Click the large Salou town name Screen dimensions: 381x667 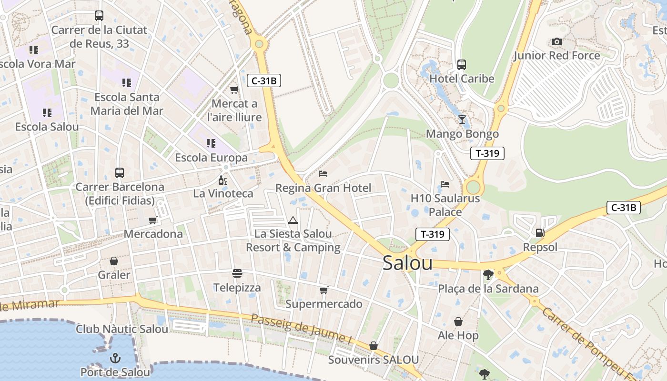[407, 263]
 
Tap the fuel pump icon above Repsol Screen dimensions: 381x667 [540, 233]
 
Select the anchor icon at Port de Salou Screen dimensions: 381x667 [115, 358]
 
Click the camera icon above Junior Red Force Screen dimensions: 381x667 [556, 42]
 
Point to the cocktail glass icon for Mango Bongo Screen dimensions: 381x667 [462, 119]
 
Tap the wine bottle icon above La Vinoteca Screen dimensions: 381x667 [222, 180]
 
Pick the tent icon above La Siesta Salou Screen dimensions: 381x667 [293, 220]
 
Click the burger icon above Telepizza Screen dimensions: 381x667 [237, 273]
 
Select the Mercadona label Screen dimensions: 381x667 [153, 234]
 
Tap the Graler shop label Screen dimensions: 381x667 [114, 275]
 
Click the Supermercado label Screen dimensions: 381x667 [323, 304]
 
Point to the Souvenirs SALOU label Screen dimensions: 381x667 [374, 360]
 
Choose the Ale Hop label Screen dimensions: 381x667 [458, 335]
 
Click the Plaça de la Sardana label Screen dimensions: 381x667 [488, 289]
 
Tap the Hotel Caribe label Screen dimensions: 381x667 [462, 79]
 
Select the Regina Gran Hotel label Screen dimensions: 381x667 [323, 188]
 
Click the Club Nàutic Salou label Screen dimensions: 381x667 [122, 329]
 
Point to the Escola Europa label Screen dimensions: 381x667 [211, 158]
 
